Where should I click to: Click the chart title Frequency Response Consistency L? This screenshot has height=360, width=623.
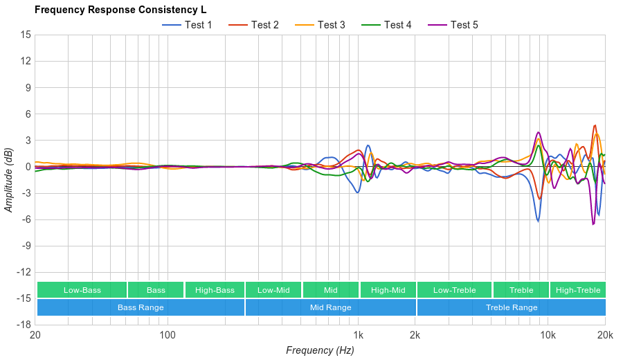(120, 10)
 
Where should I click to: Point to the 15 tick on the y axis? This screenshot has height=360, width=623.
(26, 35)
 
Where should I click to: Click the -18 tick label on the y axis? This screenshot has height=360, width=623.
(23, 324)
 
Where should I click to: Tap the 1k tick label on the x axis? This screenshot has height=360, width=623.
(358, 336)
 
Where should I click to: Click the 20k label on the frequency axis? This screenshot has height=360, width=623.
(605, 336)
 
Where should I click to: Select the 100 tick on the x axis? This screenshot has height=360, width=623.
(168, 336)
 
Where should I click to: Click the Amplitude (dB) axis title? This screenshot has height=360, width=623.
(9, 179)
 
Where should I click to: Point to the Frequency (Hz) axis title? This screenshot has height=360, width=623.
(320, 350)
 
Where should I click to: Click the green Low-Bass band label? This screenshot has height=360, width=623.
(82, 290)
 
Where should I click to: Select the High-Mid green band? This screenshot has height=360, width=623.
(388, 290)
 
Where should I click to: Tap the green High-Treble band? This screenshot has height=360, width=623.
(578, 290)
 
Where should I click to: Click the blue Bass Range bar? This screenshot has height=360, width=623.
(141, 307)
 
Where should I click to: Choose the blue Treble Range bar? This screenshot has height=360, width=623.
(511, 307)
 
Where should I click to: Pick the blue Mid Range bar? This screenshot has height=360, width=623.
(330, 307)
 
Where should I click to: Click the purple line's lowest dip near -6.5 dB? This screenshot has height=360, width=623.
(593, 224)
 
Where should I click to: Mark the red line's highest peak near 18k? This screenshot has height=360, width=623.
(595, 125)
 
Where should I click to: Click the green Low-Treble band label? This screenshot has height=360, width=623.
(454, 290)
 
